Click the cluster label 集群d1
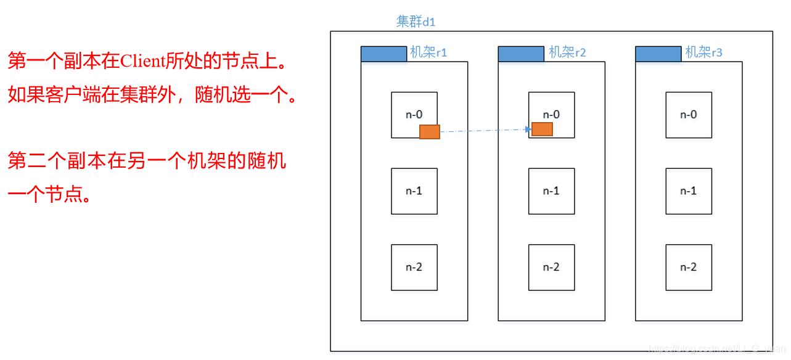coord(416,22)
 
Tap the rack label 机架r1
coord(428,52)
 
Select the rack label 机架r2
coord(567,52)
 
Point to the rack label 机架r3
coord(704,52)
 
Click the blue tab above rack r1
coord(383,54)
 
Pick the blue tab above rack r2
coord(521,54)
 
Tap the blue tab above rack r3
coord(658,54)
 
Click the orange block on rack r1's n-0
coord(430,131)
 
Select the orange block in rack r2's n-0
coord(542,129)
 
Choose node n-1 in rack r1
coord(414,191)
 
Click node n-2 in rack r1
coord(414,268)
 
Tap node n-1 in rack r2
coord(551,191)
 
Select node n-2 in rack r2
coord(551,268)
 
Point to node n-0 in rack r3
coord(689,115)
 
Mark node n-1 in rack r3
coord(689,191)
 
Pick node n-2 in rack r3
coord(689,268)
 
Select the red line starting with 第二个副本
coord(147,162)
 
